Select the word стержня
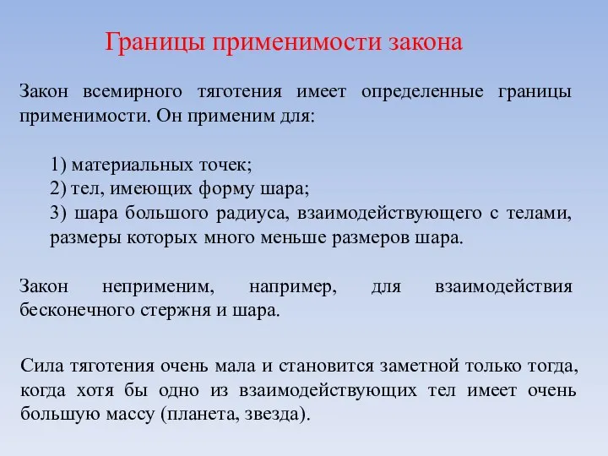click(x=166, y=310)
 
